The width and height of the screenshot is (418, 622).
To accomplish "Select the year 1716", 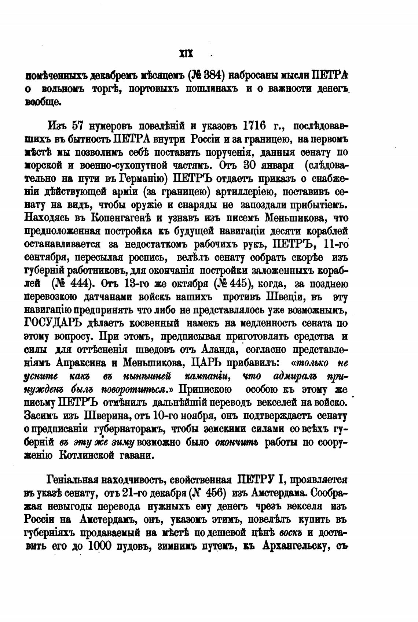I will (254, 126).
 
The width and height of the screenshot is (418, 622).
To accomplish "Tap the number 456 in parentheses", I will (212, 493).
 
